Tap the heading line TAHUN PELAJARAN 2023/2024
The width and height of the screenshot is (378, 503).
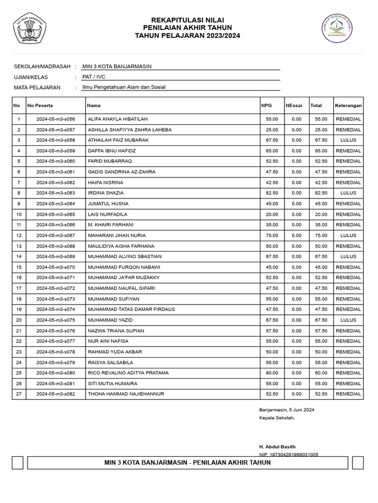coord(188,36)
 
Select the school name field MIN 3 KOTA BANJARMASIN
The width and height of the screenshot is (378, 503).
coord(117,66)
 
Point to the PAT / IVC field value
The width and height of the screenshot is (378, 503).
coord(94,77)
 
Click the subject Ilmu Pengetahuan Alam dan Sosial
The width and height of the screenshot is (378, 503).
coord(124,87)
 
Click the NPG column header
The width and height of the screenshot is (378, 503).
coord(266,105)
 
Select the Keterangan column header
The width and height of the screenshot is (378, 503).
coord(348,105)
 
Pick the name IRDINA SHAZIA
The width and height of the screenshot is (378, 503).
coord(106,193)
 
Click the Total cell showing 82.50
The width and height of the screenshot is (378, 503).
coord(321,193)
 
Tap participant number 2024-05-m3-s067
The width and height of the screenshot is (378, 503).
coord(56,235)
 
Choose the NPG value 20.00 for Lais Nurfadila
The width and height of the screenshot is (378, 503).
coord(272,214)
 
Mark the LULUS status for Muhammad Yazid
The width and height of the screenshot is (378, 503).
coord(348,320)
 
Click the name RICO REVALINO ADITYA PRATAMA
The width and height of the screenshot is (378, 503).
coord(128,373)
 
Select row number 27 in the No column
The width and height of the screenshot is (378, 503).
coord(19,394)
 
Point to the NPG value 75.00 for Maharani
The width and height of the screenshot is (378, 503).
coord(272,235)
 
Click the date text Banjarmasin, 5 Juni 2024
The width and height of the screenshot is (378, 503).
coord(286,410)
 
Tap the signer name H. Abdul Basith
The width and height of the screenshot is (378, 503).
coord(278,447)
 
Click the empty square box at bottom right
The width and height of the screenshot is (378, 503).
coord(358,463)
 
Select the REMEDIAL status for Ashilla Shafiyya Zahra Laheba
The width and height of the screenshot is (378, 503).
coord(348,130)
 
